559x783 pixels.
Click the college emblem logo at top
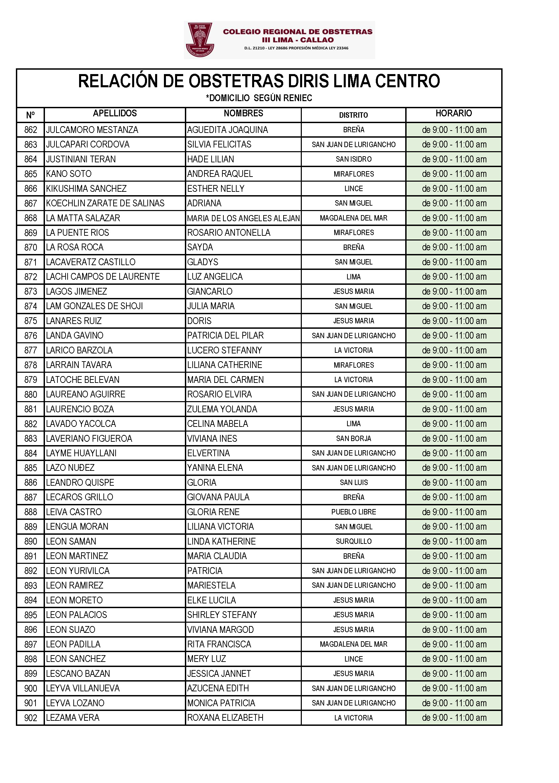tap(199, 40)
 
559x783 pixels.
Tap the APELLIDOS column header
tap(115, 113)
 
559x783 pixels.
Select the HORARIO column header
tap(453, 113)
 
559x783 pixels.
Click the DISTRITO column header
tap(353, 115)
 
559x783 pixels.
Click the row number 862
tap(31, 130)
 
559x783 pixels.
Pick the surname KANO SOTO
tap(69, 174)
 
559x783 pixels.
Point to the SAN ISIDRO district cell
tap(354, 159)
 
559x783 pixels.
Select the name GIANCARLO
tap(210, 292)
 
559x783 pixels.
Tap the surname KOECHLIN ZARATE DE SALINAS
tap(105, 203)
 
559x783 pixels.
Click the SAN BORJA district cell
tap(354, 439)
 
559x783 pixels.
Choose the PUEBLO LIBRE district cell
tap(354, 512)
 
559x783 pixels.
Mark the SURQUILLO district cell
tap(354, 541)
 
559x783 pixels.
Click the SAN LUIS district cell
tap(354, 483)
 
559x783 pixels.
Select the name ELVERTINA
tap(208, 453)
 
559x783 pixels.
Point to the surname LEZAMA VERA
tap(73, 717)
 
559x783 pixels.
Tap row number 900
tap(31, 688)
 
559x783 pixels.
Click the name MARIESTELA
tap(211, 585)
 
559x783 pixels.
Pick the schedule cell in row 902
tap(454, 717)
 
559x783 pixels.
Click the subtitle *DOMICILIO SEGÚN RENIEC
tap(259, 98)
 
